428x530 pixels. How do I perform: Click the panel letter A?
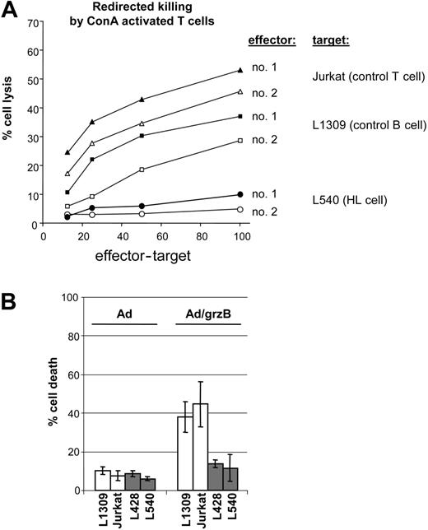(12, 12)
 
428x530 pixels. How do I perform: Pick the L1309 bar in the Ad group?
(103, 481)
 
